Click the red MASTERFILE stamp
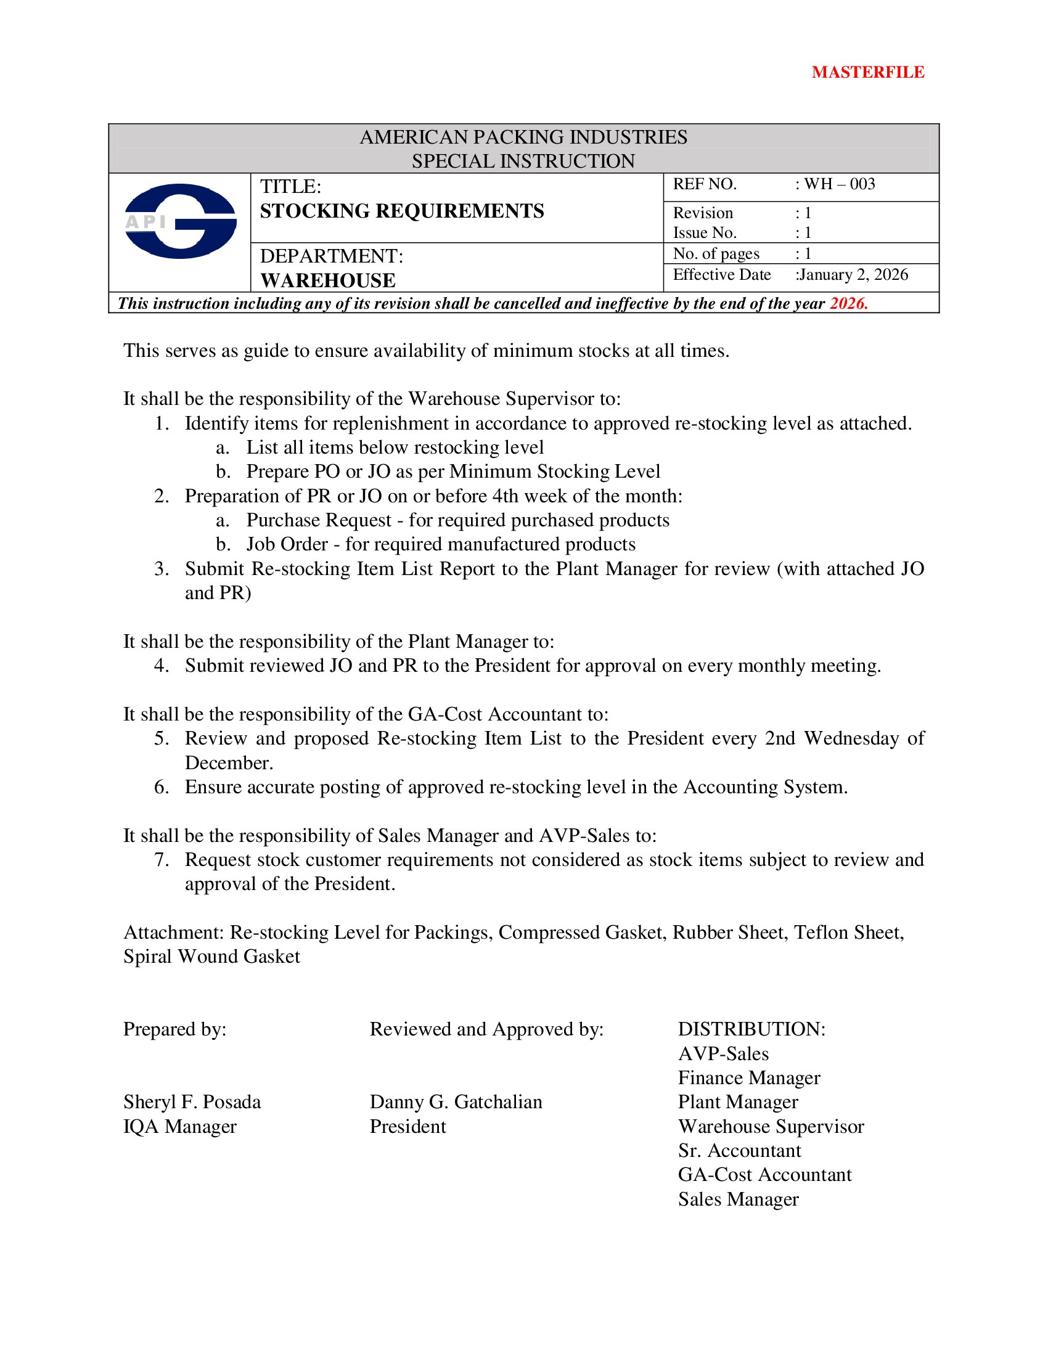pyautogui.click(x=867, y=73)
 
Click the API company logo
pyautogui.click(x=180, y=221)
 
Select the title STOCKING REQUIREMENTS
pyautogui.click(x=402, y=211)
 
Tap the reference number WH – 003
pyautogui.click(x=840, y=184)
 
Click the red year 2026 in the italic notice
pyautogui.click(x=848, y=304)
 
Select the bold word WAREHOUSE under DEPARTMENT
pyautogui.click(x=328, y=280)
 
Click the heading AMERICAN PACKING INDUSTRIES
pyautogui.click(x=523, y=137)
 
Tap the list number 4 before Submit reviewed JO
pyautogui.click(x=162, y=666)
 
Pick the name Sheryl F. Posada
pyautogui.click(x=192, y=1102)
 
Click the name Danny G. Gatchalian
pyautogui.click(x=456, y=1102)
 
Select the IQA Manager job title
pyautogui.click(x=179, y=1126)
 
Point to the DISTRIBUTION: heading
pyautogui.click(x=751, y=1029)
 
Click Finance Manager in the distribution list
pyautogui.click(x=749, y=1078)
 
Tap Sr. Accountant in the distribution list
pyautogui.click(x=739, y=1151)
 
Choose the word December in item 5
pyautogui.click(x=229, y=763)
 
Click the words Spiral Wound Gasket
pyautogui.click(x=211, y=957)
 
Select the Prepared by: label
pyautogui.click(x=174, y=1029)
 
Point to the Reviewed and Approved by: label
pyautogui.click(x=486, y=1029)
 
